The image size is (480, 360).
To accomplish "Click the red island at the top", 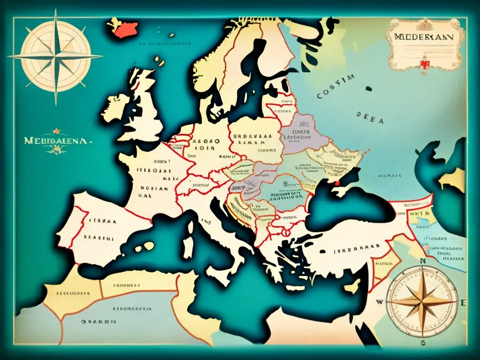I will coord(123,29).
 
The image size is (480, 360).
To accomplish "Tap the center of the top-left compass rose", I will coord(55,57).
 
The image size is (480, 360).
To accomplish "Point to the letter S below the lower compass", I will coord(423,343).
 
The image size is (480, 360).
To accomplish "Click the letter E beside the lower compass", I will coord(463,302).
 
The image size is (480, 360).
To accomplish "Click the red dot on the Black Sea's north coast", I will coord(336,183).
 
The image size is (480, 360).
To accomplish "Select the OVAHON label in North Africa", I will coord(97,322).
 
